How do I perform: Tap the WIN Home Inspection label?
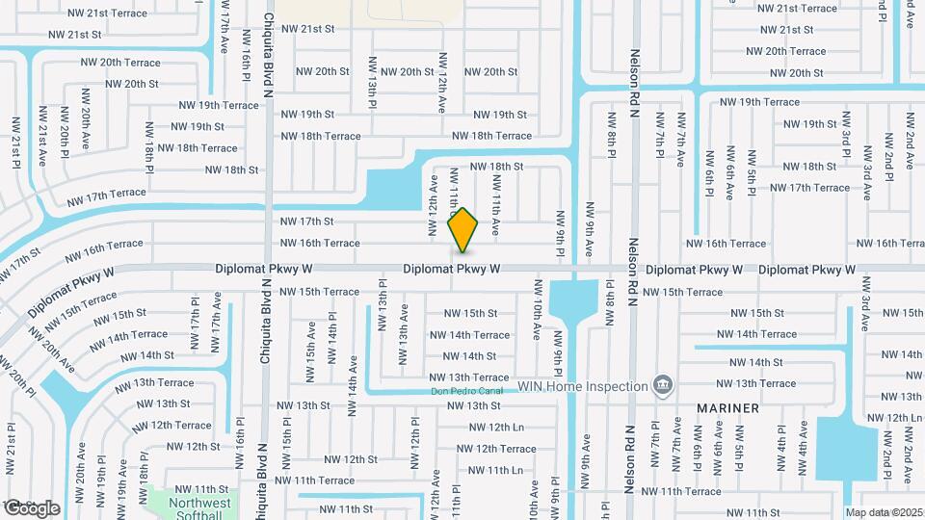582,387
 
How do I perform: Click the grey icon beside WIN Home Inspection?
663,386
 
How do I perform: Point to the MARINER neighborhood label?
728,408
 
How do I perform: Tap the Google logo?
32,507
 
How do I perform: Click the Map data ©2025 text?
884,512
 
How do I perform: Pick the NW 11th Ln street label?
490,470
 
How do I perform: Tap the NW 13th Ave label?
403,328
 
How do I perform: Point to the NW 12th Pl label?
415,439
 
